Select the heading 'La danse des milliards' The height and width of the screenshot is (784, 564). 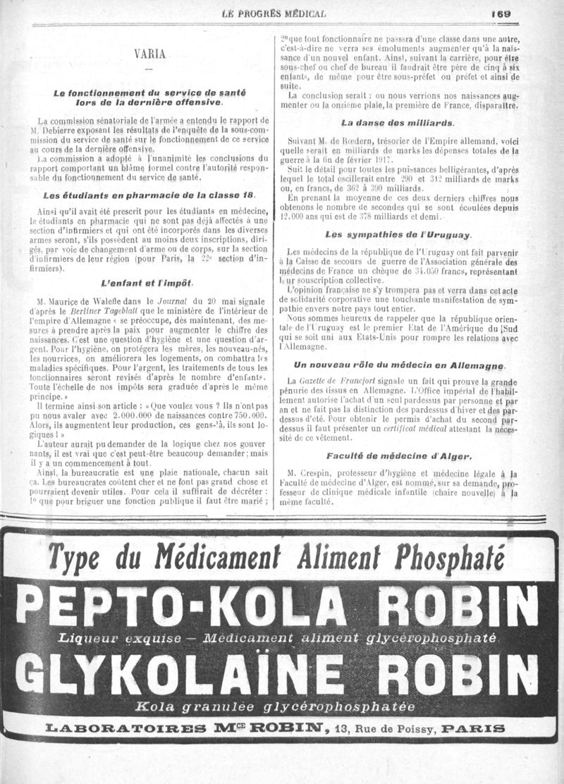397,122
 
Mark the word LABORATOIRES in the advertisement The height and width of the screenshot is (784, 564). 130,728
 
